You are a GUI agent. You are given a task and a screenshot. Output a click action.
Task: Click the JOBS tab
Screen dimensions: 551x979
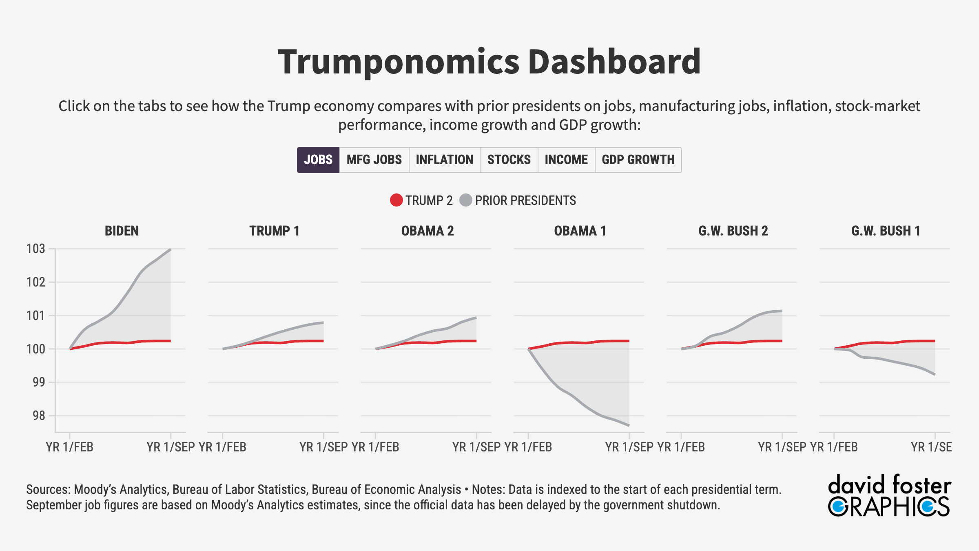(x=318, y=160)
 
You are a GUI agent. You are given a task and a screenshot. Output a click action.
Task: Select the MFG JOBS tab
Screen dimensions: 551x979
(x=374, y=160)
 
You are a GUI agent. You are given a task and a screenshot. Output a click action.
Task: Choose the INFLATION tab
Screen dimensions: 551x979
(x=444, y=160)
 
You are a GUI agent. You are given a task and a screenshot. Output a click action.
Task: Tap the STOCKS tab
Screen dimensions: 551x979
(x=509, y=160)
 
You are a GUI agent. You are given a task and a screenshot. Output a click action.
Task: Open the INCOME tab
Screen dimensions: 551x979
(x=566, y=160)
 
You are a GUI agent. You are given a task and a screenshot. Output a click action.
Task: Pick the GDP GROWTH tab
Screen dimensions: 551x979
(x=638, y=160)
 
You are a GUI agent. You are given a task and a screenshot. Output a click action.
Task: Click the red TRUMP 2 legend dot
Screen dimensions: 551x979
(x=396, y=200)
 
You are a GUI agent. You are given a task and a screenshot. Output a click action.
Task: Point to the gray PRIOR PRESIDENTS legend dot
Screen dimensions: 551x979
(x=465, y=200)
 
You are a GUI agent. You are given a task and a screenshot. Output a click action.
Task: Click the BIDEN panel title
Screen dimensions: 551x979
(x=122, y=231)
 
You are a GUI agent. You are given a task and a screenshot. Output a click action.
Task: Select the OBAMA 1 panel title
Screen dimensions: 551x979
(x=580, y=231)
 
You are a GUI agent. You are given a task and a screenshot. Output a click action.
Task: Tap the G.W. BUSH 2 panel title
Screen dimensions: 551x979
(x=733, y=231)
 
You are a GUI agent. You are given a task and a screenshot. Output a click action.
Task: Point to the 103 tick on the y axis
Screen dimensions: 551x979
(x=36, y=249)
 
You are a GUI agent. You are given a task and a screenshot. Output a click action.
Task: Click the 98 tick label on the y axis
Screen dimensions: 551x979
(x=39, y=416)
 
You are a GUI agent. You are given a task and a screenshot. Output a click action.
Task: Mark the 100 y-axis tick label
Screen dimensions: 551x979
(x=36, y=349)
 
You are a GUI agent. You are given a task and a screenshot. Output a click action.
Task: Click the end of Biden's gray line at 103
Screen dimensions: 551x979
(x=170, y=249)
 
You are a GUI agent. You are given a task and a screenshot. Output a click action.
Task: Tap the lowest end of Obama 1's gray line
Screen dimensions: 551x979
(x=629, y=425)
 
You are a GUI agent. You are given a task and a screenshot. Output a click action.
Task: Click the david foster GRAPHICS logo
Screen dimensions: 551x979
(x=889, y=495)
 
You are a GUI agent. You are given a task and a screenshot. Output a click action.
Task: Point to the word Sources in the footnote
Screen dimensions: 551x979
(x=47, y=489)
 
